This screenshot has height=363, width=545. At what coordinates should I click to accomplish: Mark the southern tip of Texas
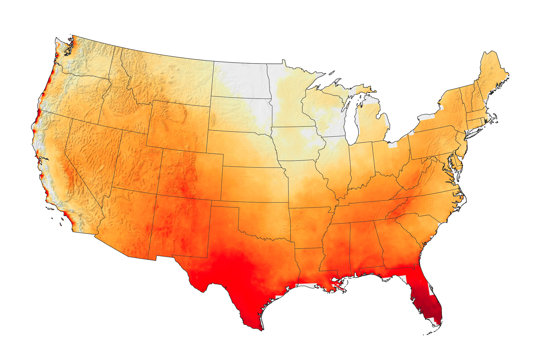coord(261,329)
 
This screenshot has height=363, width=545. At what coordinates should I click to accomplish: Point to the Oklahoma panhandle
coord(225,204)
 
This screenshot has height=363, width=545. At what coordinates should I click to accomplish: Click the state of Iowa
coord(298,144)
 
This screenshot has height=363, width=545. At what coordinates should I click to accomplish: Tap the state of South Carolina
coord(419,227)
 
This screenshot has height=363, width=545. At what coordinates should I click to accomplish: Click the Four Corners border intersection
coord(157,195)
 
